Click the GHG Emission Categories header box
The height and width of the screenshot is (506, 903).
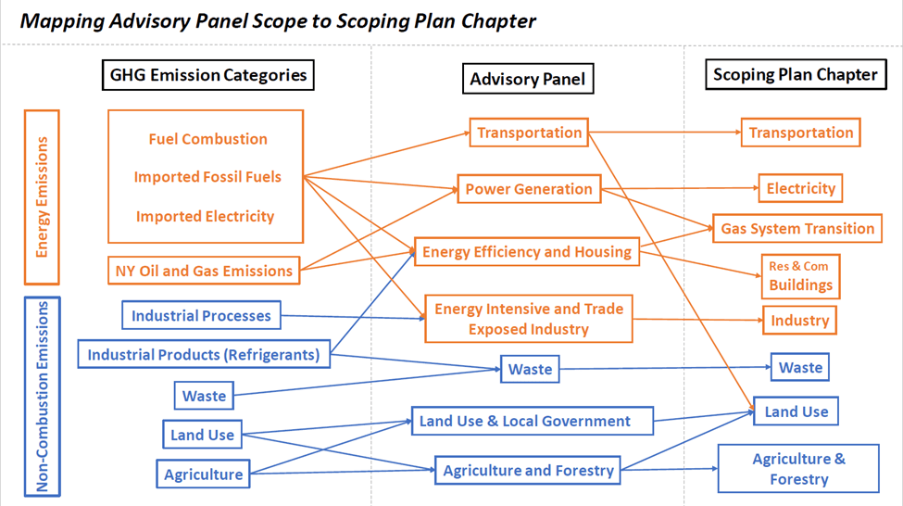click(207, 75)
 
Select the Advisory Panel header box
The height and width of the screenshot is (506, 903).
click(527, 79)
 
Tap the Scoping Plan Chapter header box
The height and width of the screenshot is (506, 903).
click(795, 75)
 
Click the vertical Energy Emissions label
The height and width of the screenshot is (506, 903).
click(42, 197)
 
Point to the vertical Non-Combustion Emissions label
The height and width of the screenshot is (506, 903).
click(42, 397)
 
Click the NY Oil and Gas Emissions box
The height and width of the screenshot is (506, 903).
click(204, 271)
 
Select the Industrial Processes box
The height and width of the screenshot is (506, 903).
click(201, 315)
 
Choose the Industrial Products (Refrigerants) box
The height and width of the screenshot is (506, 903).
click(203, 353)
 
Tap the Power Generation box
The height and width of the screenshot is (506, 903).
click(528, 189)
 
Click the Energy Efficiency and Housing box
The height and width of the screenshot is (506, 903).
click(527, 251)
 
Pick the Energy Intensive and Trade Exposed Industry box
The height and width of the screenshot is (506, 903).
click(528, 319)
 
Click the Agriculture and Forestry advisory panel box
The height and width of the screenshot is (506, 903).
click(528, 471)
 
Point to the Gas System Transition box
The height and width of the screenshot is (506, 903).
click(797, 229)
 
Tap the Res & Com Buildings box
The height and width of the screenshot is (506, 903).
click(800, 276)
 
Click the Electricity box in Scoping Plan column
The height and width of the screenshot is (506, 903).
click(800, 189)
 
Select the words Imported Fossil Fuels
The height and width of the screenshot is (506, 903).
click(207, 177)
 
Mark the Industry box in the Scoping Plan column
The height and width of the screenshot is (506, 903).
click(799, 321)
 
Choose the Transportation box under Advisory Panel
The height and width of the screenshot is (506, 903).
click(529, 133)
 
